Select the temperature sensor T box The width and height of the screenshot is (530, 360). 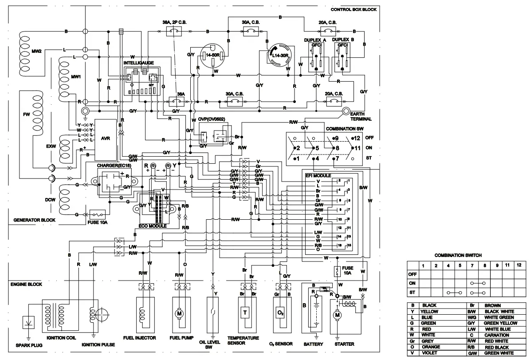pos(245,312)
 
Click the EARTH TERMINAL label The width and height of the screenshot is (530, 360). pos(360,116)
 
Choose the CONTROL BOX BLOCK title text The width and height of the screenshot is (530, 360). pos(353,10)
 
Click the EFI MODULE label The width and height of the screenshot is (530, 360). pos(318,176)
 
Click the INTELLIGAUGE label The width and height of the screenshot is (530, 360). pos(139,63)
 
